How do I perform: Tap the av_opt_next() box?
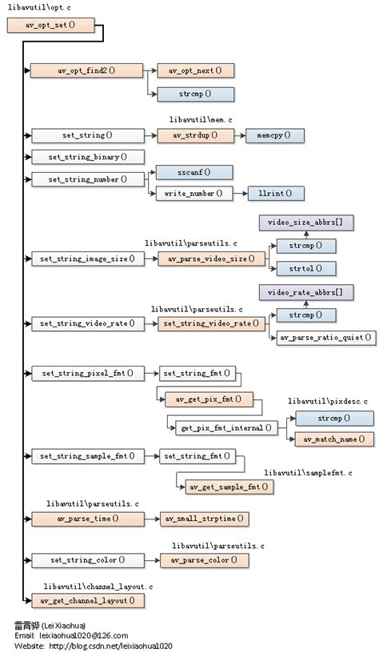click(x=195, y=70)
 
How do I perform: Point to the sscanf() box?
click(x=194, y=172)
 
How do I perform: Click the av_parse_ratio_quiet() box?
click(x=325, y=338)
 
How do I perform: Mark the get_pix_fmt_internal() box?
click(x=225, y=427)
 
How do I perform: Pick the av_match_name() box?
click(x=333, y=439)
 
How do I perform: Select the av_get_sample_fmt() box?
click(x=229, y=487)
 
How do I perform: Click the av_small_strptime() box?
click(x=205, y=519)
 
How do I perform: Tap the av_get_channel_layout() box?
click(x=87, y=599)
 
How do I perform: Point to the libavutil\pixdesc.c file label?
click(x=328, y=399)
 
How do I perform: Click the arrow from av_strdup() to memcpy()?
click(x=238, y=136)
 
